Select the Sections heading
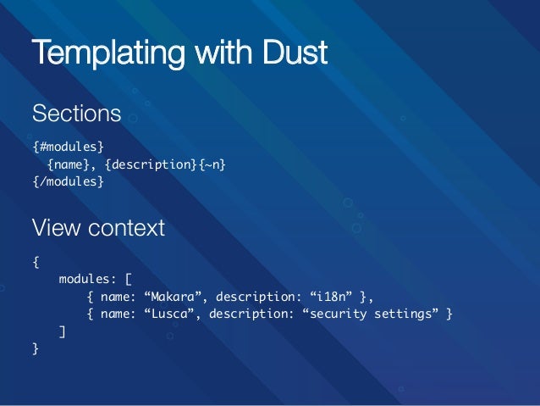point(77,113)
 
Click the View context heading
point(98,229)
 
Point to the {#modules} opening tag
point(69,146)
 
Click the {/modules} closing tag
point(69,181)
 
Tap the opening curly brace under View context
point(36,259)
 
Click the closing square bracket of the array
point(62,331)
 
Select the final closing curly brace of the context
point(36,349)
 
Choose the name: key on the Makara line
point(119,296)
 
